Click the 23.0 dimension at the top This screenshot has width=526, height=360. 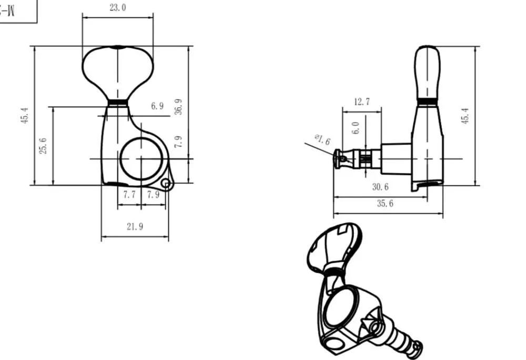pos(117,8)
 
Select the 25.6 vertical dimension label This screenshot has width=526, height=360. pos(44,146)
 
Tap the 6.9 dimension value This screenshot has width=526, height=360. pos(157,106)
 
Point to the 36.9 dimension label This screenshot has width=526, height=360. pos(179,107)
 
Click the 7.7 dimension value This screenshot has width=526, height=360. pos(129,194)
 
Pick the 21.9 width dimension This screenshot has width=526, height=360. pos(135,227)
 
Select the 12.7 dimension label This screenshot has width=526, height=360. pos(361,102)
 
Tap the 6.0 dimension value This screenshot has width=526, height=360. pos(356,128)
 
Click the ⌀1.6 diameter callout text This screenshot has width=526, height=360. pos(322,140)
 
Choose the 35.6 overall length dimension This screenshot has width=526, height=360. pos(385,204)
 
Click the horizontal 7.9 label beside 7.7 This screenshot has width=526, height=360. pos(153,194)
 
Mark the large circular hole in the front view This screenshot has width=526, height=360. pos(140,158)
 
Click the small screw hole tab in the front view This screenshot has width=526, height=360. pos(166,183)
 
